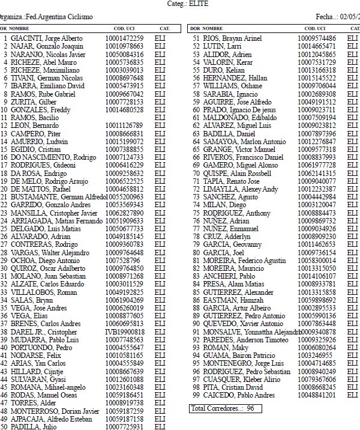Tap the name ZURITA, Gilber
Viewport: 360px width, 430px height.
click(x=32, y=102)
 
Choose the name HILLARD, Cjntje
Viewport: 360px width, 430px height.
click(x=37, y=371)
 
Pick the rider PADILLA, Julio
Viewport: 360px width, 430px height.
click(x=32, y=426)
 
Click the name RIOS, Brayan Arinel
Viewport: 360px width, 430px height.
click(x=230, y=39)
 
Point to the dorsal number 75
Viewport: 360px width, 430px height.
click(x=196, y=213)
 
